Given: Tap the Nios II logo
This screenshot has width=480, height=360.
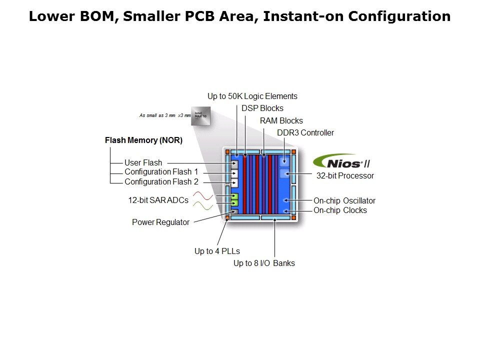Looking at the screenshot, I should [x=341, y=161].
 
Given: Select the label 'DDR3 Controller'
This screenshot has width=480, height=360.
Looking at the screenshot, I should [x=305, y=133].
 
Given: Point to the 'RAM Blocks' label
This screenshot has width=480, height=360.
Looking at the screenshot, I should [x=281, y=120].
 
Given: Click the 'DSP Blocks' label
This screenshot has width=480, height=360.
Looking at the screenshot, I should [x=262, y=108].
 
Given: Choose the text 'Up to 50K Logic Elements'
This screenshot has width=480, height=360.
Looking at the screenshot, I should [x=252, y=96].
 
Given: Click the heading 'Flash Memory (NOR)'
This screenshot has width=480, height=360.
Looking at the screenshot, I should [x=143, y=140].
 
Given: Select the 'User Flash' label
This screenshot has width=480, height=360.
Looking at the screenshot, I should [x=143, y=162].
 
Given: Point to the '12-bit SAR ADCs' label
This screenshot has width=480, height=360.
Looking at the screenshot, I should [x=158, y=200].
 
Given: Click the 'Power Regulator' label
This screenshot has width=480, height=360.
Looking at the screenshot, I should [x=160, y=222].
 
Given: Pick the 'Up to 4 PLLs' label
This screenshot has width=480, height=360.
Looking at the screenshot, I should [x=217, y=251].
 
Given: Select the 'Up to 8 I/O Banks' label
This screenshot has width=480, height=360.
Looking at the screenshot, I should [x=264, y=263].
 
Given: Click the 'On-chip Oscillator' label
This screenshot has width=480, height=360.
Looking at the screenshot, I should [x=344, y=201].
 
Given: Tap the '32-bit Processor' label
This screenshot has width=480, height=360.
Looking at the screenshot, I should [x=345, y=176].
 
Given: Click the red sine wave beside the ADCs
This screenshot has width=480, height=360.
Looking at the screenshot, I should [x=204, y=195].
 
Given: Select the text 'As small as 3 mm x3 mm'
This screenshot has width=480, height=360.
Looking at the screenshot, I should [x=165, y=115].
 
